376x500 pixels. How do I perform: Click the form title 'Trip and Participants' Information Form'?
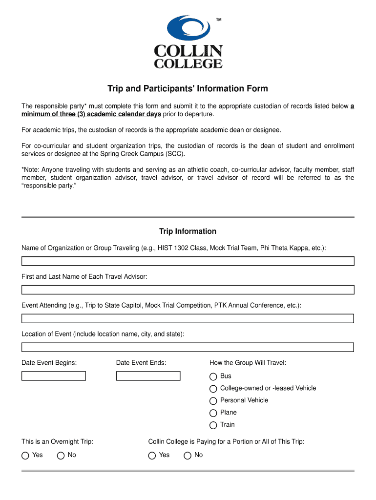(x=188, y=88)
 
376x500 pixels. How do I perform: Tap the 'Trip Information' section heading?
(x=188, y=231)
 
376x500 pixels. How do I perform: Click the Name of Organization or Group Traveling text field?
(x=188, y=261)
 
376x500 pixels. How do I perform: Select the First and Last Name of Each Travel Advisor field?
(x=188, y=290)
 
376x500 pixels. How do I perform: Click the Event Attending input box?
(x=188, y=319)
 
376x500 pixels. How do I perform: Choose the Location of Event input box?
(x=188, y=348)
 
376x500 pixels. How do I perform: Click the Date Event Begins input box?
(x=54, y=376)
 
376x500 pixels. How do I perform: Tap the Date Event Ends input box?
(x=148, y=376)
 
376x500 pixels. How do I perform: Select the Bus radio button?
(x=213, y=376)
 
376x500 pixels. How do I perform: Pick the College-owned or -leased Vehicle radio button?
(x=213, y=389)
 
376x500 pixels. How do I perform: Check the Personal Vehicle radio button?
(x=213, y=401)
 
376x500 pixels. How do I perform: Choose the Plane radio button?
(x=213, y=413)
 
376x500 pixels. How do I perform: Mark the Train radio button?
(x=213, y=425)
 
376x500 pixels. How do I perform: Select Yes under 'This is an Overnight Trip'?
(x=25, y=456)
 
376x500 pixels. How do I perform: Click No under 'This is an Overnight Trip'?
(x=61, y=456)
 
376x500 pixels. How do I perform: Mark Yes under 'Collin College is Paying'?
(x=152, y=456)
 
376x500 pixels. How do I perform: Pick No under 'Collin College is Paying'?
(x=188, y=456)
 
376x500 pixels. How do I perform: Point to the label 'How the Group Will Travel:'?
(x=248, y=363)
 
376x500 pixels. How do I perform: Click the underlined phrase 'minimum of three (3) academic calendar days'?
(x=91, y=114)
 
